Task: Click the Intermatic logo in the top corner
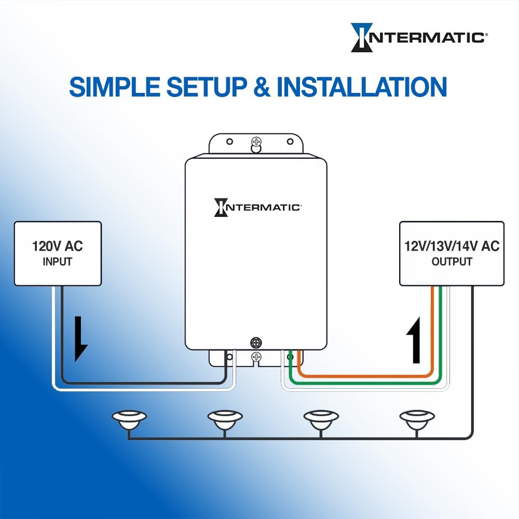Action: (x=418, y=37)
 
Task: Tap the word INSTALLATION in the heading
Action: (x=362, y=87)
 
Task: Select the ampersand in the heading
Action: (x=263, y=87)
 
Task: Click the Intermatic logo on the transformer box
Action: (x=257, y=207)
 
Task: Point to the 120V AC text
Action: (x=58, y=246)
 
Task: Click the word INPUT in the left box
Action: (x=58, y=262)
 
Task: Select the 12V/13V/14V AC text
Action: (x=452, y=246)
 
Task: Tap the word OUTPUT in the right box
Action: (x=452, y=262)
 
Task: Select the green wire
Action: (x=363, y=383)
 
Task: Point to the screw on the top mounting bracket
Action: (x=255, y=142)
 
